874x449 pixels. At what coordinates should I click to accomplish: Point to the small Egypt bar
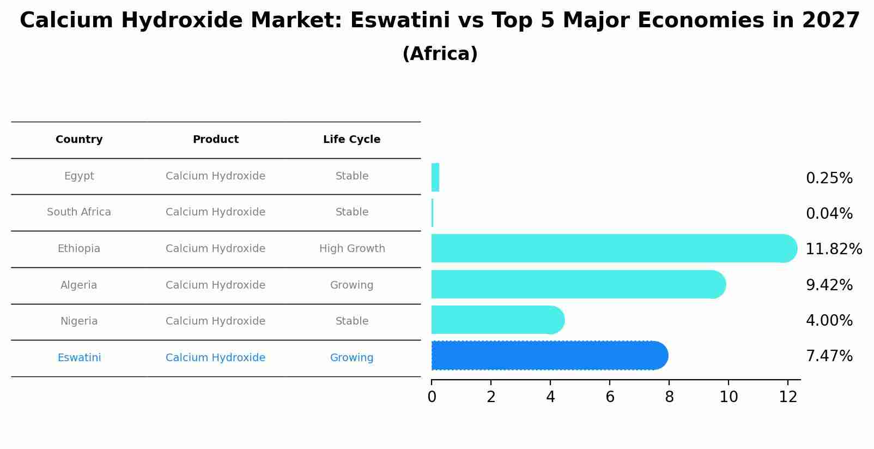coord(435,178)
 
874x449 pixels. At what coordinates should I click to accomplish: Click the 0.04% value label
coord(829,214)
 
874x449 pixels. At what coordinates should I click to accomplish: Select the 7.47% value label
coord(829,356)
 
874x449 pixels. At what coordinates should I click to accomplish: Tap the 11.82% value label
coord(833,249)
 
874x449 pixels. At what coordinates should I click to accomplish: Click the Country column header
coord(79,140)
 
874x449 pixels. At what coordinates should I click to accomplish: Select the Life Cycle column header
coord(351,140)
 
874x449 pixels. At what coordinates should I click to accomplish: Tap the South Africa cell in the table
coord(79,212)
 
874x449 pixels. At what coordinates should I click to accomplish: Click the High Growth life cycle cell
coord(352,249)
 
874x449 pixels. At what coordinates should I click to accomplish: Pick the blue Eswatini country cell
coord(79,358)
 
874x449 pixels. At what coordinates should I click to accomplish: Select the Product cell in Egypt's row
coord(215,176)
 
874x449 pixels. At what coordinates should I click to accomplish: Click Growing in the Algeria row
coord(351,285)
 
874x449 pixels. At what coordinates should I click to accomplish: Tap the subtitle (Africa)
coord(440,54)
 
